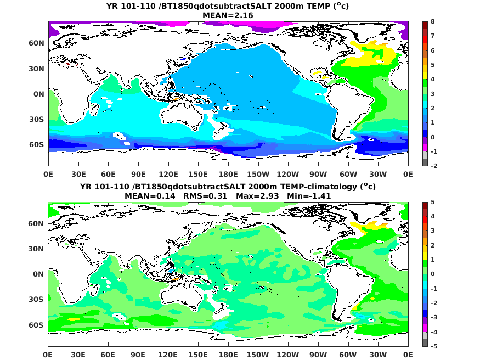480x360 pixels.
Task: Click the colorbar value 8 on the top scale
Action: pos(433,21)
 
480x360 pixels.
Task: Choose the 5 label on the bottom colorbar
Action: pos(433,202)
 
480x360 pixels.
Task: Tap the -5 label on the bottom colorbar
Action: pos(434,346)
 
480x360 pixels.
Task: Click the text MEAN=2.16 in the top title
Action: pos(228,15)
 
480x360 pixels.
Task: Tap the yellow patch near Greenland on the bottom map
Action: pos(366,225)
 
